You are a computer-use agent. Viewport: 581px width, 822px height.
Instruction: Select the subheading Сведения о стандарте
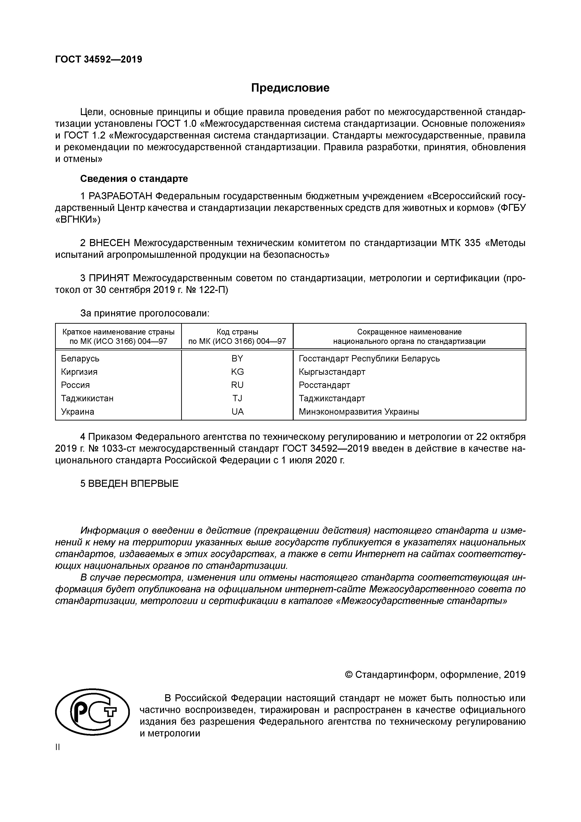click(x=134, y=179)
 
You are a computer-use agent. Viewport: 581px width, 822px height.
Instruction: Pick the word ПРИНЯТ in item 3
click(x=109, y=278)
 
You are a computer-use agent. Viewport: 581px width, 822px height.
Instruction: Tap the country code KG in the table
click(x=237, y=372)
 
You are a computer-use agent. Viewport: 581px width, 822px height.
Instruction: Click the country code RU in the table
click(x=237, y=385)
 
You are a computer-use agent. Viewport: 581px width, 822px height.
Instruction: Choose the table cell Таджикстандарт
click(x=332, y=398)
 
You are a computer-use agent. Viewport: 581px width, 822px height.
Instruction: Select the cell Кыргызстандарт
click(x=332, y=372)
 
